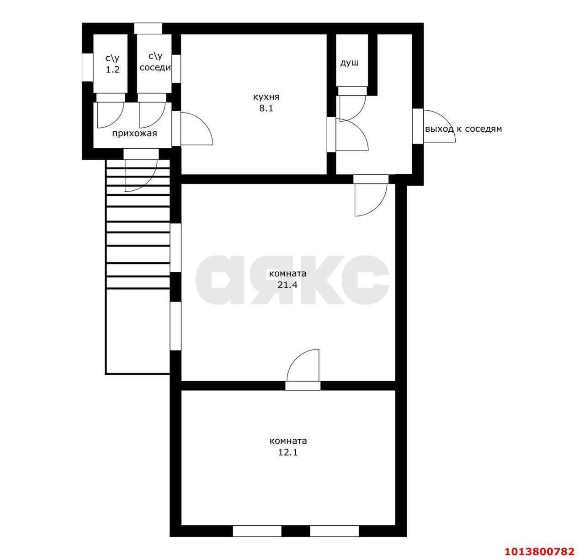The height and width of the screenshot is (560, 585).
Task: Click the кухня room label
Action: point(266,97)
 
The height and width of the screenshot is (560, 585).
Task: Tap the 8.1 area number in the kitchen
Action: point(266,108)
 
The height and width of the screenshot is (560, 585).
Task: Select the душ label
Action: point(349,63)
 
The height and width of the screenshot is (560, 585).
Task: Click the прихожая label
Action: point(134,133)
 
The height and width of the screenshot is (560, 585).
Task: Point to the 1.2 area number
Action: point(112,70)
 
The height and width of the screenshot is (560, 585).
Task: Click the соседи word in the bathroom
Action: point(155,67)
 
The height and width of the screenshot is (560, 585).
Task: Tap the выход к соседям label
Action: point(463,129)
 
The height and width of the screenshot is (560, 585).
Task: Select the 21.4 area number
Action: point(287,285)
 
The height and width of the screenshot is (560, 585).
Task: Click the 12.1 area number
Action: point(287,452)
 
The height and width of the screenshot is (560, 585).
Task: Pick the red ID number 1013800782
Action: point(539,551)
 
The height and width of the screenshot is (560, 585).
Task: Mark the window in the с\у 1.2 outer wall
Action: point(87,67)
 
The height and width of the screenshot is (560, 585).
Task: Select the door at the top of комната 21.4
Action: point(371,200)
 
